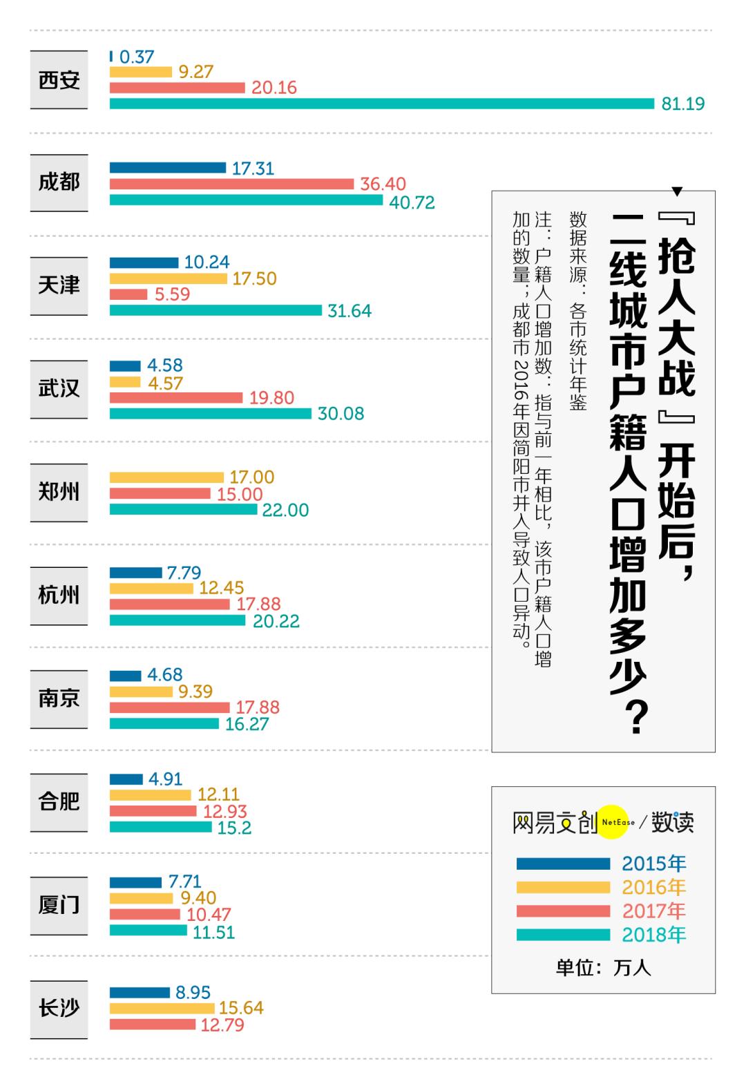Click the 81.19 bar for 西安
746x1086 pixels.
coord(381,104)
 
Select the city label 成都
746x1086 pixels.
coord(59,182)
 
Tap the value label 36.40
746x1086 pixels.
coord(383,184)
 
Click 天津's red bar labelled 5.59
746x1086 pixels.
coord(128,295)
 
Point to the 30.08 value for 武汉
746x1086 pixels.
coord(341,414)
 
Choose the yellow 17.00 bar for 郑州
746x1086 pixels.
coord(166,477)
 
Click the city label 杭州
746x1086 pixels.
coord(59,596)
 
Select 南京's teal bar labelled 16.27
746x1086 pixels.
coord(164,724)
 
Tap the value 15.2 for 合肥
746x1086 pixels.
coord(234,828)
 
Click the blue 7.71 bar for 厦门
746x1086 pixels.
coord(135,882)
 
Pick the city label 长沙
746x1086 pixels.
coord(59,1009)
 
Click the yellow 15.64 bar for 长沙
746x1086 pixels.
coord(162,1009)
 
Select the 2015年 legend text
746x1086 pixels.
coord(653,864)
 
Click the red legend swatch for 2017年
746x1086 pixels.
coord(563,911)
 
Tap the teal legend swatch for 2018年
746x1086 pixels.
coord(563,935)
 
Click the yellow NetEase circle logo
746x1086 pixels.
coord(613,822)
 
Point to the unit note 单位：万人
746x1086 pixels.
coord(603,968)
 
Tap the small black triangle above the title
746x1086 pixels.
coord(677,191)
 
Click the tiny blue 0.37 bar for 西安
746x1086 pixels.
coord(111,57)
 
